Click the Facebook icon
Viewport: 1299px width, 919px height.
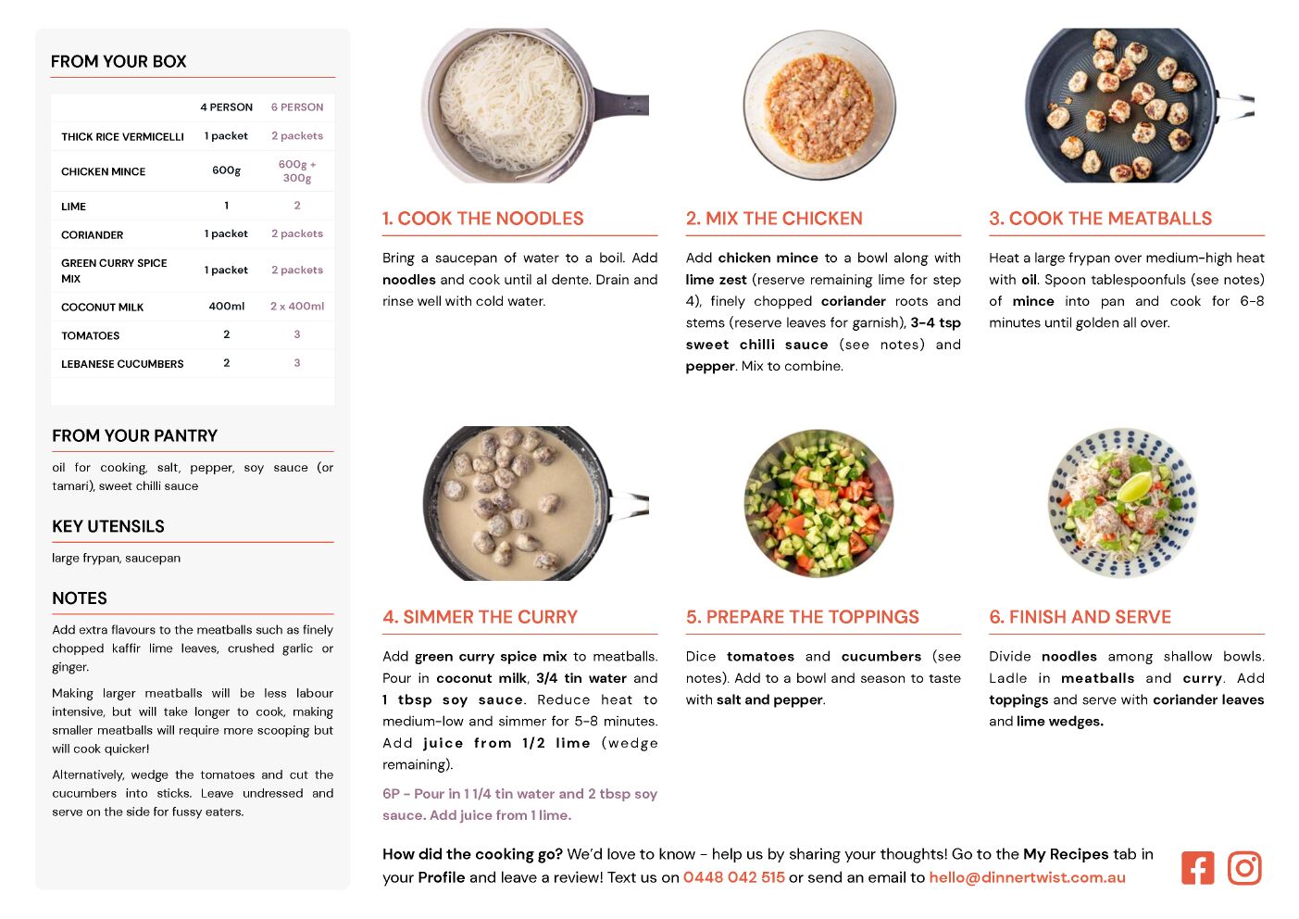click(1197, 868)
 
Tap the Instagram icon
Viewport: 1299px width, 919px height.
click(1244, 868)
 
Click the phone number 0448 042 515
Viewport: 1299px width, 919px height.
click(733, 877)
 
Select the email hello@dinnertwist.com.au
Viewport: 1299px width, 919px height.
click(1027, 877)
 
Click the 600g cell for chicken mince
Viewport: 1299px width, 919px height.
click(226, 170)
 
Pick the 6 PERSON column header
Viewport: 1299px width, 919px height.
click(297, 107)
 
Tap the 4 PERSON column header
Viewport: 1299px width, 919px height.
click(226, 107)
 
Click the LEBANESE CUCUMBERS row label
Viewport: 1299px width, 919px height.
click(122, 364)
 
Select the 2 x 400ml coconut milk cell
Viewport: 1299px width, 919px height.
click(297, 307)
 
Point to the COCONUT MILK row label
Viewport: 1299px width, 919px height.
click(102, 307)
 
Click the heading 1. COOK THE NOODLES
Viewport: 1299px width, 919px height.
click(482, 219)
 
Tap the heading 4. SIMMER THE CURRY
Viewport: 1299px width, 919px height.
click(481, 617)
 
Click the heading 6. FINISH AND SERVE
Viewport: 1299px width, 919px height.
click(1080, 617)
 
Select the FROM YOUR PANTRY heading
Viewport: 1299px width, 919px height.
click(134, 435)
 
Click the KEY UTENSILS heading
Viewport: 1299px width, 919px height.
click(108, 526)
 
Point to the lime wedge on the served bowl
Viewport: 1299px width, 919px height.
click(1135, 486)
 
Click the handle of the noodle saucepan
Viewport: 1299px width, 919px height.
click(621, 105)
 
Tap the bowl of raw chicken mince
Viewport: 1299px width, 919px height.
click(819, 106)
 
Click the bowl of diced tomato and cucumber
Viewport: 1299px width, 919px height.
click(818, 504)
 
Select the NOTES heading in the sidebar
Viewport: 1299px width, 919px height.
click(80, 598)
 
